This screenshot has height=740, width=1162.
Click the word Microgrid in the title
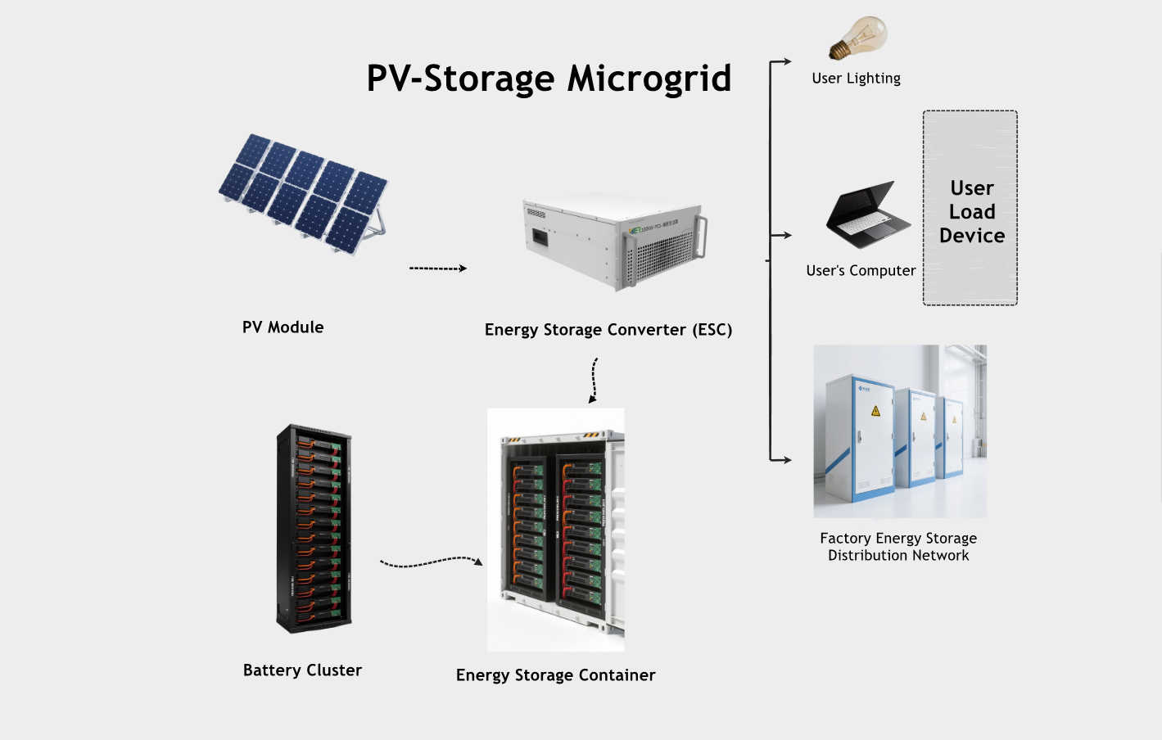(649, 79)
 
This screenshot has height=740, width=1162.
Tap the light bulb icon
(859, 37)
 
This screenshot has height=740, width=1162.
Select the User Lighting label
(856, 79)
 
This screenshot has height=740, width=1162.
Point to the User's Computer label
(861, 271)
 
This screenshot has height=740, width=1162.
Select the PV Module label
(283, 327)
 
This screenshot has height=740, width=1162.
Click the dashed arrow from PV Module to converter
(437, 268)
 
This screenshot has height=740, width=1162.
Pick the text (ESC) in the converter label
(712, 330)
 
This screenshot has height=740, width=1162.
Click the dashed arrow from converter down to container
(595, 380)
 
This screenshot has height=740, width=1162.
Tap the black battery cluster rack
(314, 528)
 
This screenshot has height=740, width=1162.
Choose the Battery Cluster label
(302, 670)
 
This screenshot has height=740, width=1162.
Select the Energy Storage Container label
(555, 675)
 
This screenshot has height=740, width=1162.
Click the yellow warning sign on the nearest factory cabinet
(875, 411)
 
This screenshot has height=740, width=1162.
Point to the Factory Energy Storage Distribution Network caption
(898, 547)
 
